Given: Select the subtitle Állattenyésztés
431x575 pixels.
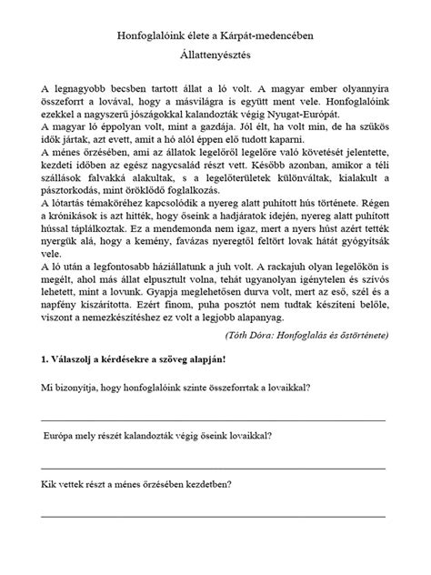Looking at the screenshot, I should [x=215, y=55].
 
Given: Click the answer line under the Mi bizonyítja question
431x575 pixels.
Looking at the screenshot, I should [x=219, y=494].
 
